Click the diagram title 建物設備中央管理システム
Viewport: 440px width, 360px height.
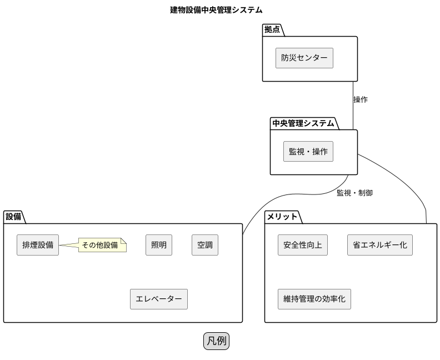(x=216, y=10)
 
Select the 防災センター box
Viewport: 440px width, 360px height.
(x=304, y=58)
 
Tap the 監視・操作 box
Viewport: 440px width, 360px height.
(x=308, y=151)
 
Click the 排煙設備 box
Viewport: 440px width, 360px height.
(x=38, y=245)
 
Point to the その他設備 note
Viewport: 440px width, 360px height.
(x=102, y=245)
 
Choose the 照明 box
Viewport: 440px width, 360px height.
(x=159, y=245)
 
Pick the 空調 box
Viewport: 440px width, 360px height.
(x=205, y=245)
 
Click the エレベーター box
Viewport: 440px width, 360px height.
(x=159, y=299)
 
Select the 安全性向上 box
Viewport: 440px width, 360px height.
(x=302, y=245)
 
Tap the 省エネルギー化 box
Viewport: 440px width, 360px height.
(x=380, y=245)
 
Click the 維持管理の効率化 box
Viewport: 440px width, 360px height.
(x=314, y=299)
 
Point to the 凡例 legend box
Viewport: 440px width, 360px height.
(x=217, y=341)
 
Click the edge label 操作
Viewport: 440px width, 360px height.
(x=361, y=100)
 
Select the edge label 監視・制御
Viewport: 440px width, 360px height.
(x=354, y=193)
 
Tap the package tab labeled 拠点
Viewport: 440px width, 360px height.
(x=272, y=30)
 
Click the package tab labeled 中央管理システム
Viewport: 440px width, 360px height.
(x=303, y=123)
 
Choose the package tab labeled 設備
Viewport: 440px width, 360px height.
(x=13, y=217)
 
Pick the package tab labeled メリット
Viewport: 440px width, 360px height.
(x=282, y=217)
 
